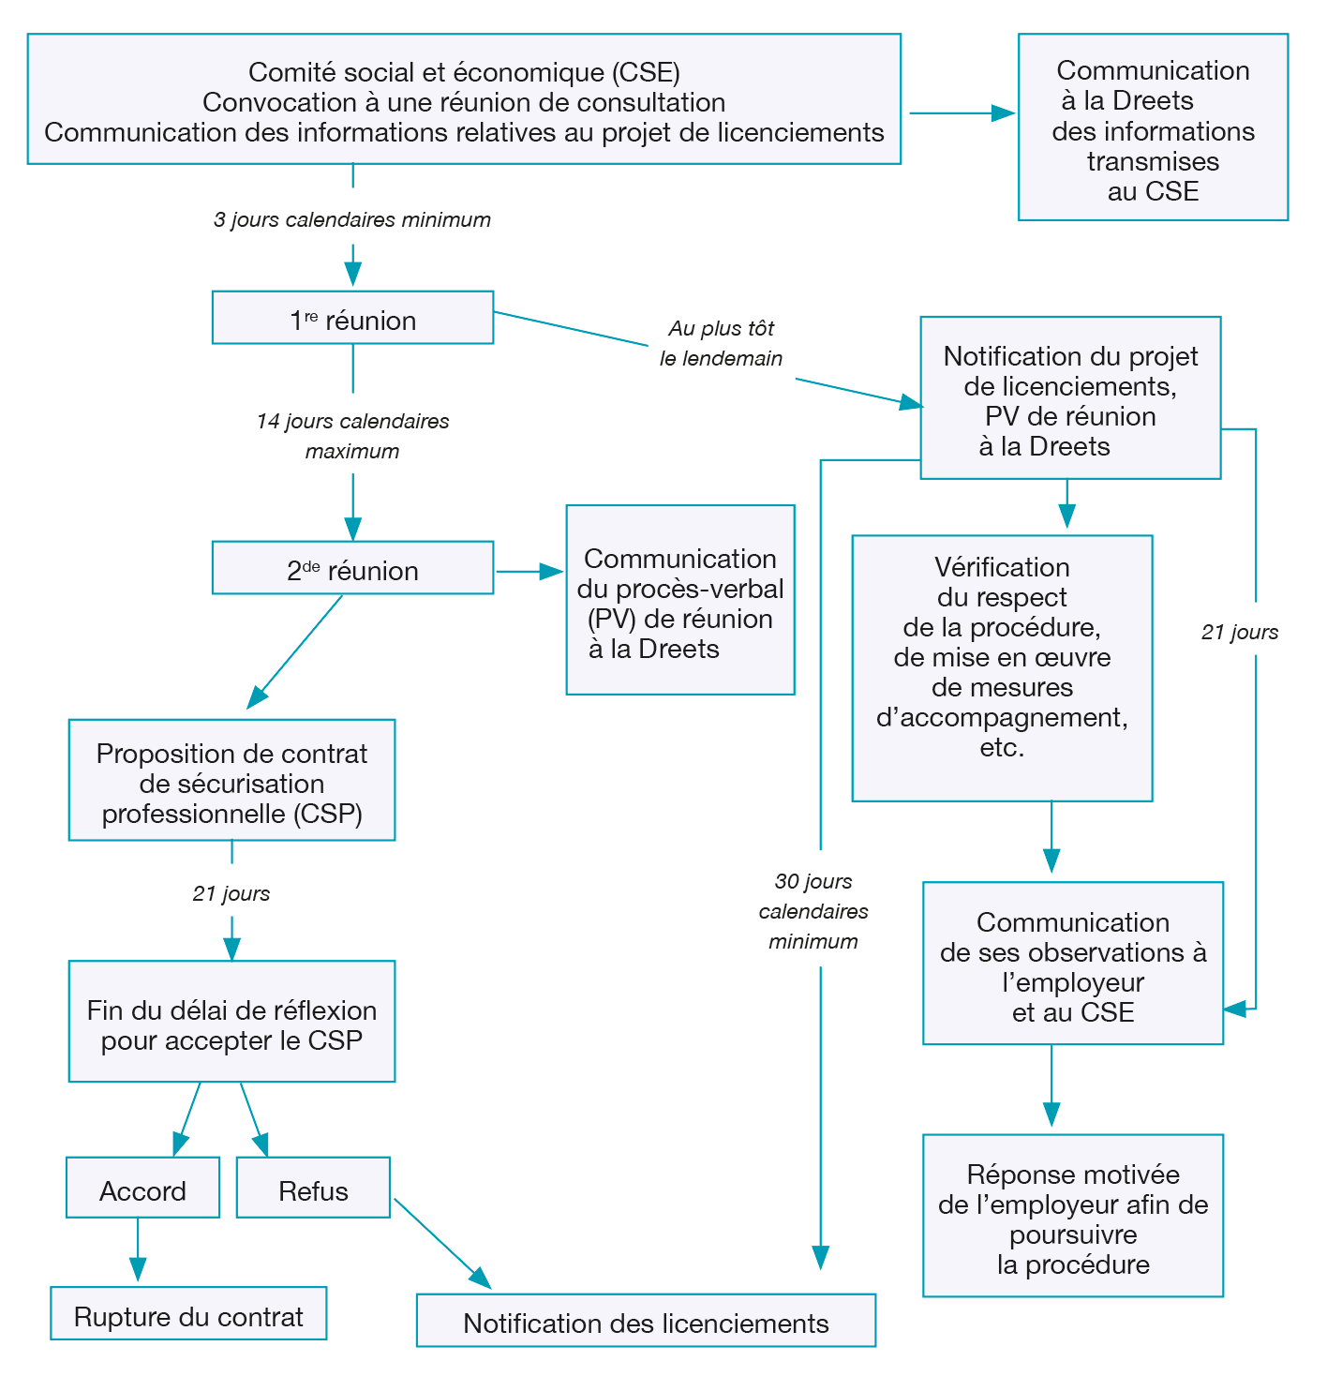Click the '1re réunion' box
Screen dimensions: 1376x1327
pos(352,318)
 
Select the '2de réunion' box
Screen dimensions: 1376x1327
pos(352,568)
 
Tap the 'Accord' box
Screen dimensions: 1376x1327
pos(142,1189)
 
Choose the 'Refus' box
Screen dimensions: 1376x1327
pos(313,1189)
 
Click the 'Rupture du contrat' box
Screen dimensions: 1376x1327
pos(188,1314)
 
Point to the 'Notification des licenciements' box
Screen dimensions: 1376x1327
pos(646,1322)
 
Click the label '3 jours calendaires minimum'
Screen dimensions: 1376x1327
pos(352,220)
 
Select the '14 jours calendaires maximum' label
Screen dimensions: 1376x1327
pos(352,436)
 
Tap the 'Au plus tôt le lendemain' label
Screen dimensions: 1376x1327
pos(721,343)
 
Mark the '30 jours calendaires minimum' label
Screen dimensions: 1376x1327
pos(813,911)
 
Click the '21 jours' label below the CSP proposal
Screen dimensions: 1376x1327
pos(231,894)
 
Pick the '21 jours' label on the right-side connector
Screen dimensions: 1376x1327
pos(1240,633)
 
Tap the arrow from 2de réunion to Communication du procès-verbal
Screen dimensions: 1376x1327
pos(529,571)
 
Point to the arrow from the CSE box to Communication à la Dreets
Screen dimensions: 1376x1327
pos(962,113)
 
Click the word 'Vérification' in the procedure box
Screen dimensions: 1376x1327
pos(1002,567)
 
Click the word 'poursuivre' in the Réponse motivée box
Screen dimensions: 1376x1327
pos(1073,1234)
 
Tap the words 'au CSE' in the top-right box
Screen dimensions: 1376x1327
pos(1153,191)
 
